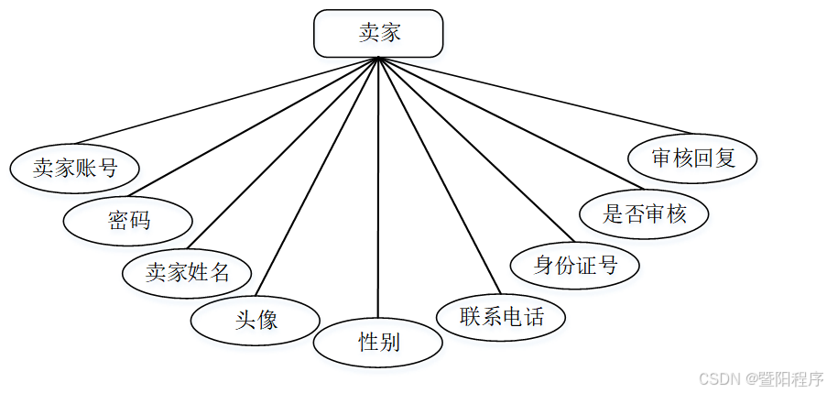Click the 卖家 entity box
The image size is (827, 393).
click(378, 34)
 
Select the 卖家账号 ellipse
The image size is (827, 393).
click(75, 168)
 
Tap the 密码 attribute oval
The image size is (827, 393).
click(128, 220)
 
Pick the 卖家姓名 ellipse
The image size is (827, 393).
click(188, 272)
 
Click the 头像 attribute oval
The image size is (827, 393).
click(256, 320)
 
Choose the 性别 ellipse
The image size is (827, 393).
click(378, 343)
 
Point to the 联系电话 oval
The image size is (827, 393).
click(501, 317)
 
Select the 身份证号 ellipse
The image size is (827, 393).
click(575, 266)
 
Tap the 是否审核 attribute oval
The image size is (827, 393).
click(645, 214)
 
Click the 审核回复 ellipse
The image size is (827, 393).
click(693, 158)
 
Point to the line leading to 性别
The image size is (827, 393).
click(378, 188)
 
